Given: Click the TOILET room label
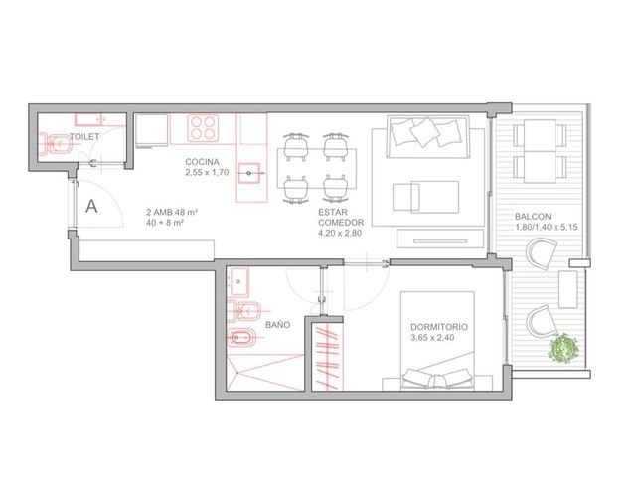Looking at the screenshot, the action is pyautogui.click(x=84, y=137).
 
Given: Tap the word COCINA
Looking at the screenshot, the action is pyautogui.click(x=202, y=162).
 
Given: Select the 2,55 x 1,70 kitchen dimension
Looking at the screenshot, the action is pyautogui.click(x=207, y=172).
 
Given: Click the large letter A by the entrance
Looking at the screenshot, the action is pyautogui.click(x=91, y=206).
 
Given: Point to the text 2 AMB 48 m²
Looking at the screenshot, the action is pyautogui.click(x=172, y=212).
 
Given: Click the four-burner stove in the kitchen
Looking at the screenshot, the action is pyautogui.click(x=203, y=128).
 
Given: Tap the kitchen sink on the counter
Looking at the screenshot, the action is pyautogui.click(x=248, y=173).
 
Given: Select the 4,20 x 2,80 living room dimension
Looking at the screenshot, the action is pyautogui.click(x=340, y=233).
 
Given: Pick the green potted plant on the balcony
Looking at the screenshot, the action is pyautogui.click(x=563, y=348).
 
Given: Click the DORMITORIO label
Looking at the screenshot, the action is pyautogui.click(x=439, y=327).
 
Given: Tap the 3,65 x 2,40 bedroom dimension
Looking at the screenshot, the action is pyautogui.click(x=432, y=338).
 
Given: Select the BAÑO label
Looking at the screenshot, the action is pyautogui.click(x=278, y=325).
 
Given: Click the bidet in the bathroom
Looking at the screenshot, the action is pyautogui.click(x=241, y=338).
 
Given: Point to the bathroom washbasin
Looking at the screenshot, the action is pyautogui.click(x=238, y=281).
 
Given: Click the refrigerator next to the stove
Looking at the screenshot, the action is pyautogui.click(x=152, y=130).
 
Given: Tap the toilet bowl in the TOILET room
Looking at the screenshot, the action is pyautogui.click(x=56, y=143).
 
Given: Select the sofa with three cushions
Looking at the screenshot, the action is pyautogui.click(x=428, y=137).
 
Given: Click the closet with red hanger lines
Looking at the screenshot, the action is pyautogui.click(x=327, y=357).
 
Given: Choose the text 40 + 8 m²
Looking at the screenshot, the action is pyautogui.click(x=165, y=223).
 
